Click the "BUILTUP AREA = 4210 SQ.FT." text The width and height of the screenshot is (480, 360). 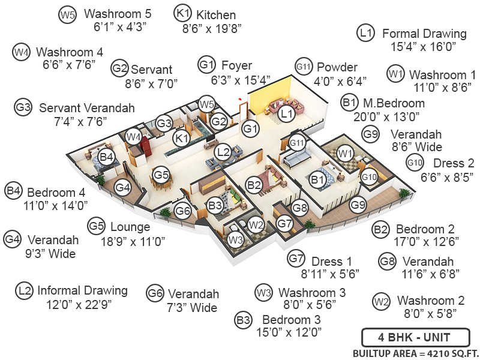pos(416,353)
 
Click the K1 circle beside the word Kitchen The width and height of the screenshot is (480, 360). pos(182,13)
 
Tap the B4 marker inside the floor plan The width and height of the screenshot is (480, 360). pos(107,157)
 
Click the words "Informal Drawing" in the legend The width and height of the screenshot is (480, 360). pos(83,290)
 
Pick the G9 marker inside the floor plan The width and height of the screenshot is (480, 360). pos(358,205)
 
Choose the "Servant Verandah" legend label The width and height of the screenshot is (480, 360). pos(87,108)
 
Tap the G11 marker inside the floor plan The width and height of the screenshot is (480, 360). pos(297,142)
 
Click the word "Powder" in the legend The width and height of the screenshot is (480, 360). pos(337,67)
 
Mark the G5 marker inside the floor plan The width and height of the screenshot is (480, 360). pos(161,175)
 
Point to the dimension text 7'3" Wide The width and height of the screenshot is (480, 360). pos(192,308)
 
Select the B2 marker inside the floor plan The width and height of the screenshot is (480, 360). pos(254,184)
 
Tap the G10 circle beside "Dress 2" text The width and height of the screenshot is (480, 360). pos(415,162)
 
